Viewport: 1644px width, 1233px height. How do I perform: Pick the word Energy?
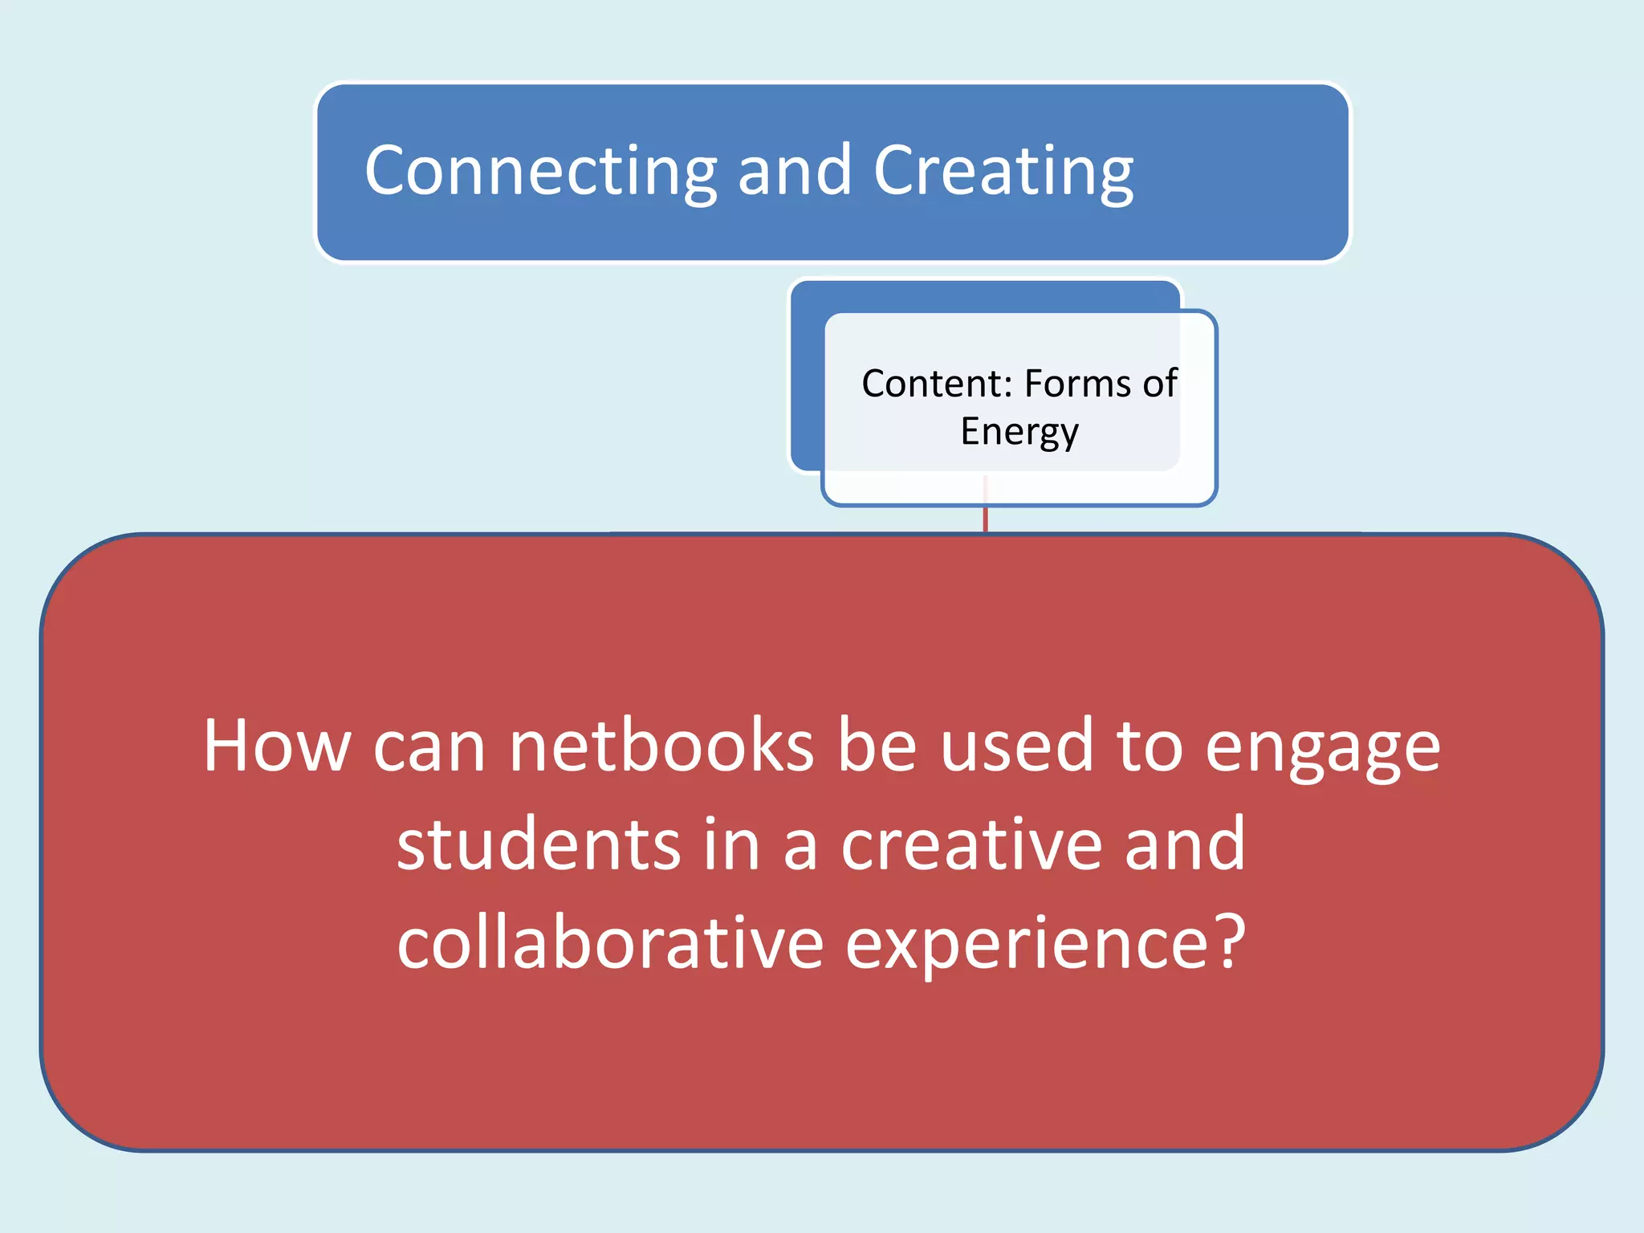[1019, 432]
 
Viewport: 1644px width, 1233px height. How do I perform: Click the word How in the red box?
[277, 747]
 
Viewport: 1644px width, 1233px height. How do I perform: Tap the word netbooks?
[661, 747]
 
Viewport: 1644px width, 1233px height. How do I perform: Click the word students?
[539, 844]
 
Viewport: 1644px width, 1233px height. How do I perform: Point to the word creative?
[971, 844]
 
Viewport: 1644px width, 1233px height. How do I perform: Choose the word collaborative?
[610, 942]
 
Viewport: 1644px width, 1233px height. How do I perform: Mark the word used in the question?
[1016, 747]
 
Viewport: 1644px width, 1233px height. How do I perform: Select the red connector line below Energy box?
[985, 519]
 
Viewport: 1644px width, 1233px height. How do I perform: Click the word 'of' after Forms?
[1160, 384]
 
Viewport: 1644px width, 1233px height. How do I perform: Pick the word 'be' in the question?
[877, 747]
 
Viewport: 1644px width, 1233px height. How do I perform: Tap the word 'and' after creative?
[1185, 844]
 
